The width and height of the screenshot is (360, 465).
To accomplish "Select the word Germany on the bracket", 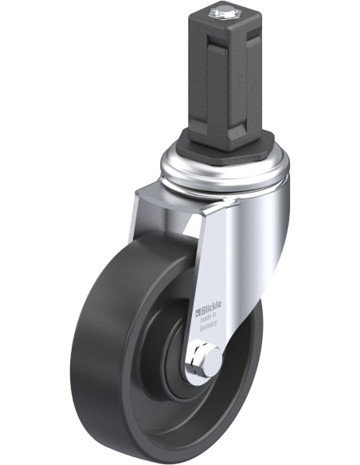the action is point(209,326).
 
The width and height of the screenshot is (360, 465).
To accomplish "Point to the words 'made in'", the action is point(209,318).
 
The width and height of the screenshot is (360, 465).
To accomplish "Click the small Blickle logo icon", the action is point(198,313).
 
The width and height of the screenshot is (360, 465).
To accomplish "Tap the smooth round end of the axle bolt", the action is point(213,361).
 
